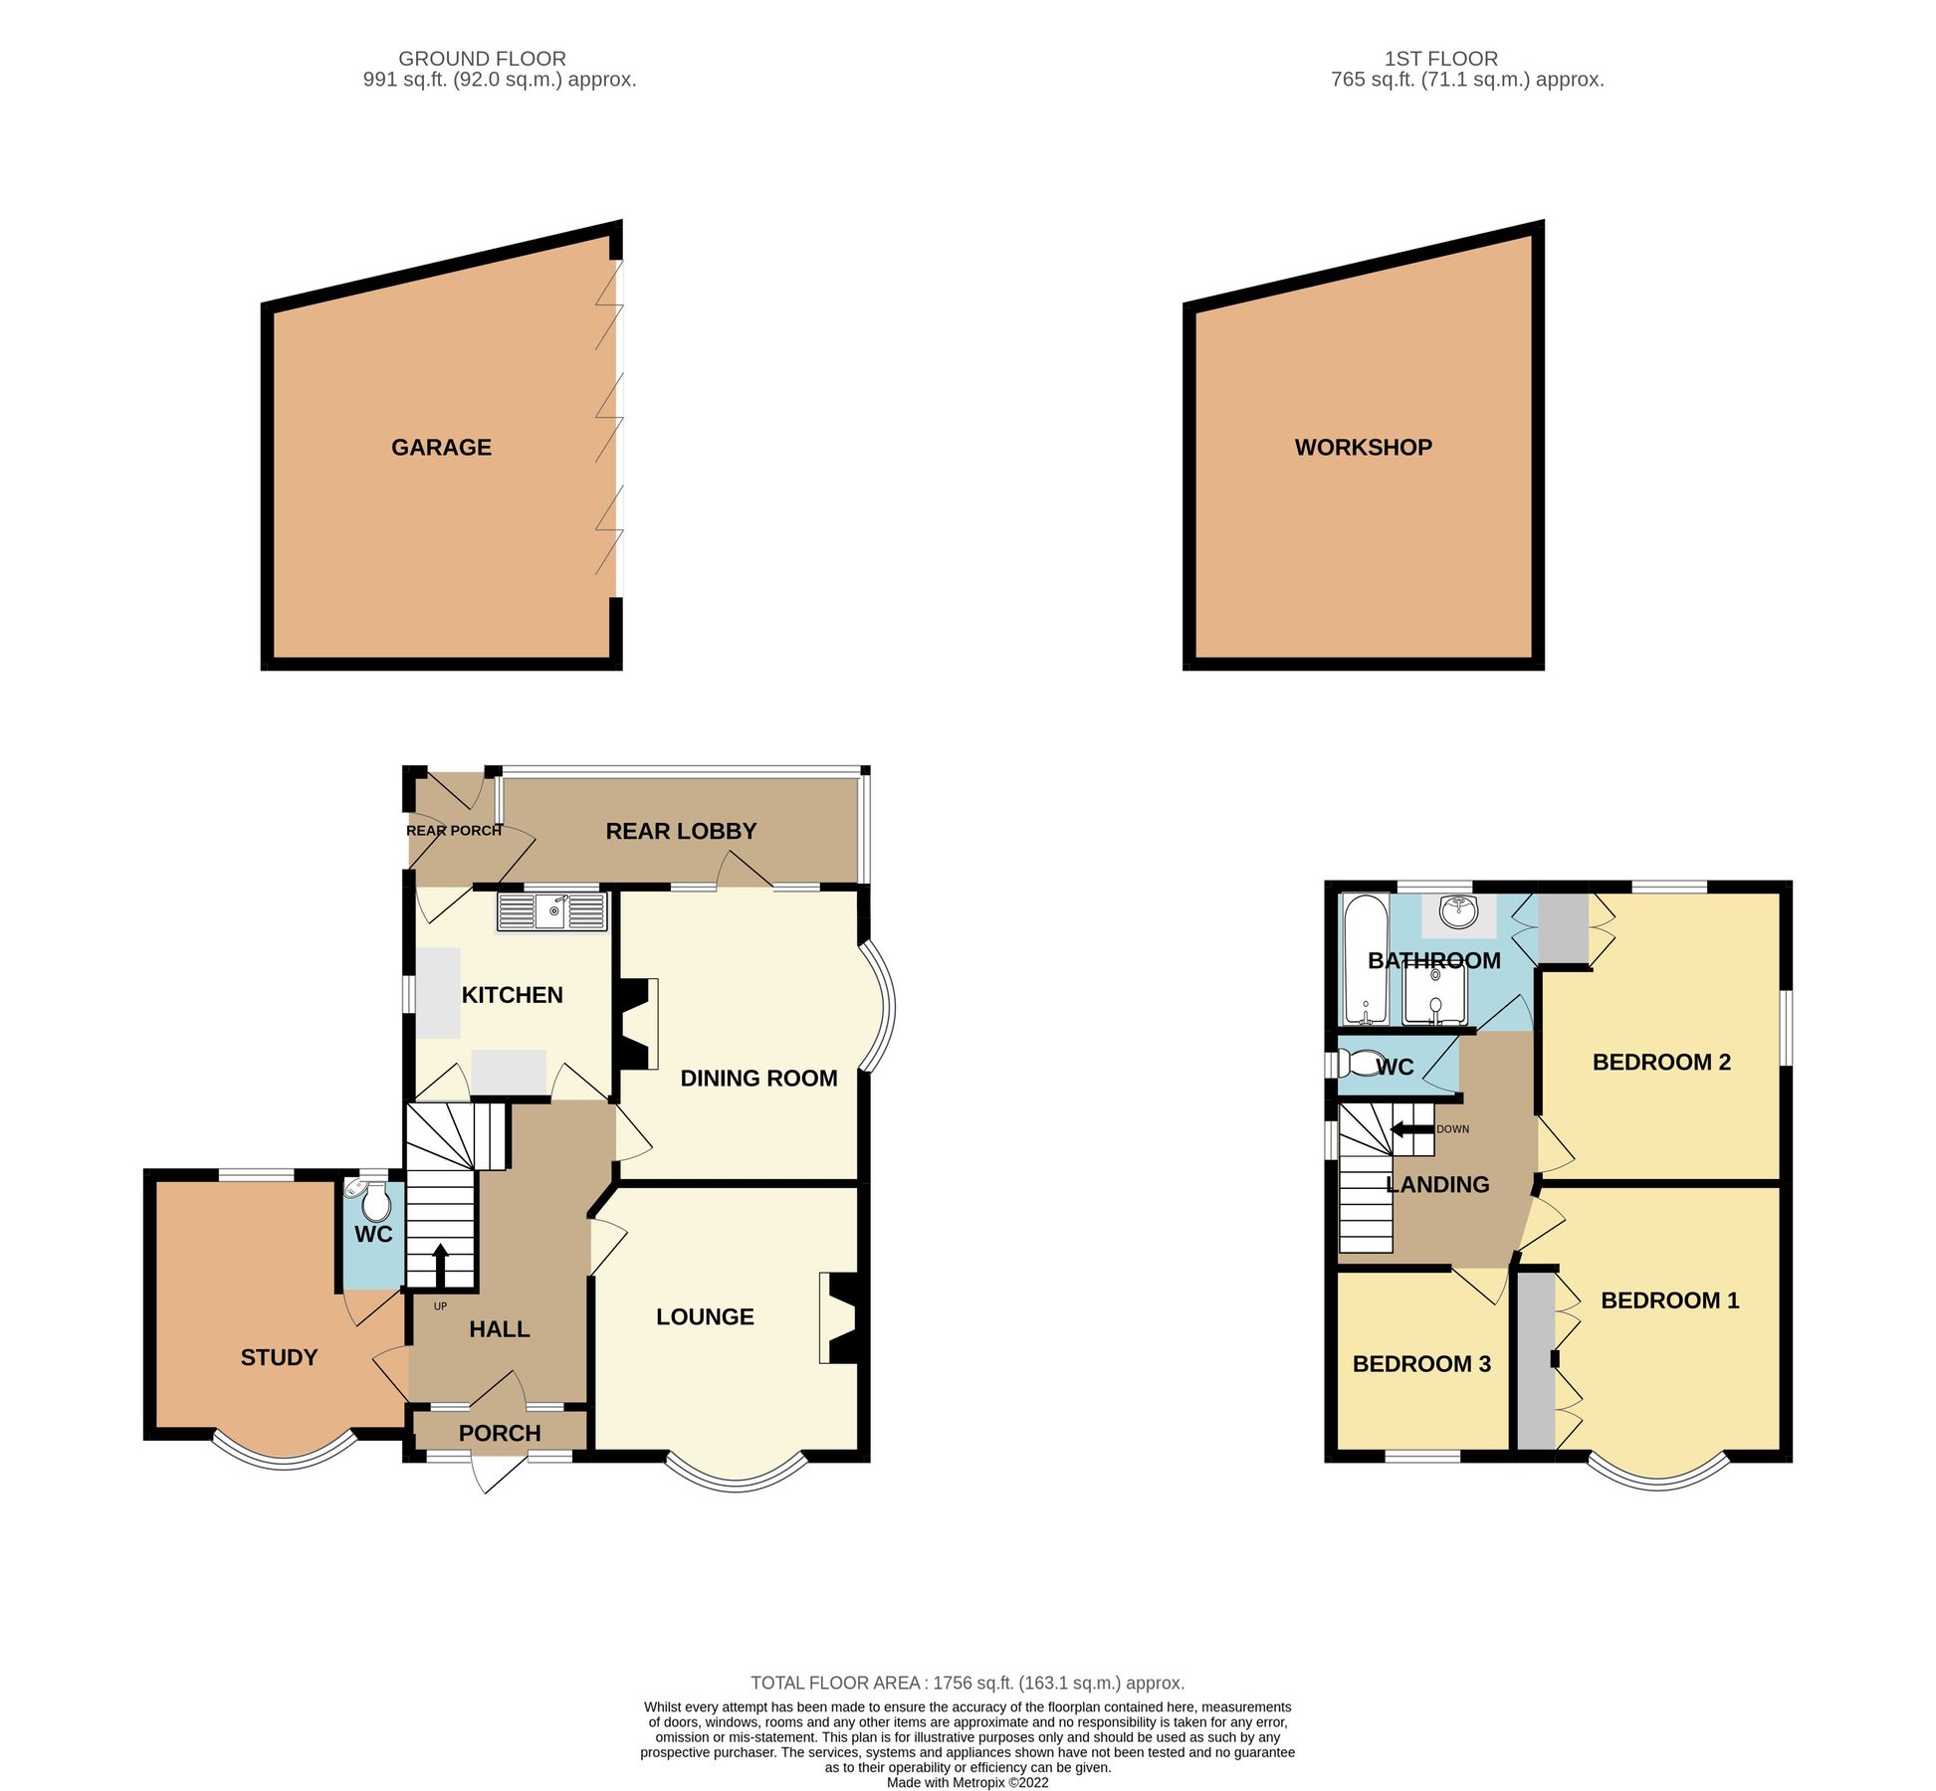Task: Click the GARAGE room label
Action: tap(441, 448)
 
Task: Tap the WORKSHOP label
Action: tap(1363, 448)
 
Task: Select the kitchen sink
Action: tap(553, 910)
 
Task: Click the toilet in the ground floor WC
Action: tap(375, 1205)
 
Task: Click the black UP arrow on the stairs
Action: tap(440, 1266)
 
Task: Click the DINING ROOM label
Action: tap(758, 1079)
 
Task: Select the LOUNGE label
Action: tap(705, 1317)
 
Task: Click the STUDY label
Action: tap(279, 1358)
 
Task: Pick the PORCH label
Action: tap(500, 1434)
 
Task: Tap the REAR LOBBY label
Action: tap(681, 832)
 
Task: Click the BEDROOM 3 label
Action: tap(1421, 1364)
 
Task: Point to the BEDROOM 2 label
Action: tap(1661, 1063)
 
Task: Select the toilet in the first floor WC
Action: tap(1355, 1066)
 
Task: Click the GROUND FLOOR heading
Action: tap(482, 59)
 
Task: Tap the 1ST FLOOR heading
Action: tap(1440, 59)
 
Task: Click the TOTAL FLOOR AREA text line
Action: tap(967, 1684)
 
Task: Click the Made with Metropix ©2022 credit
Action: tap(968, 1783)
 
